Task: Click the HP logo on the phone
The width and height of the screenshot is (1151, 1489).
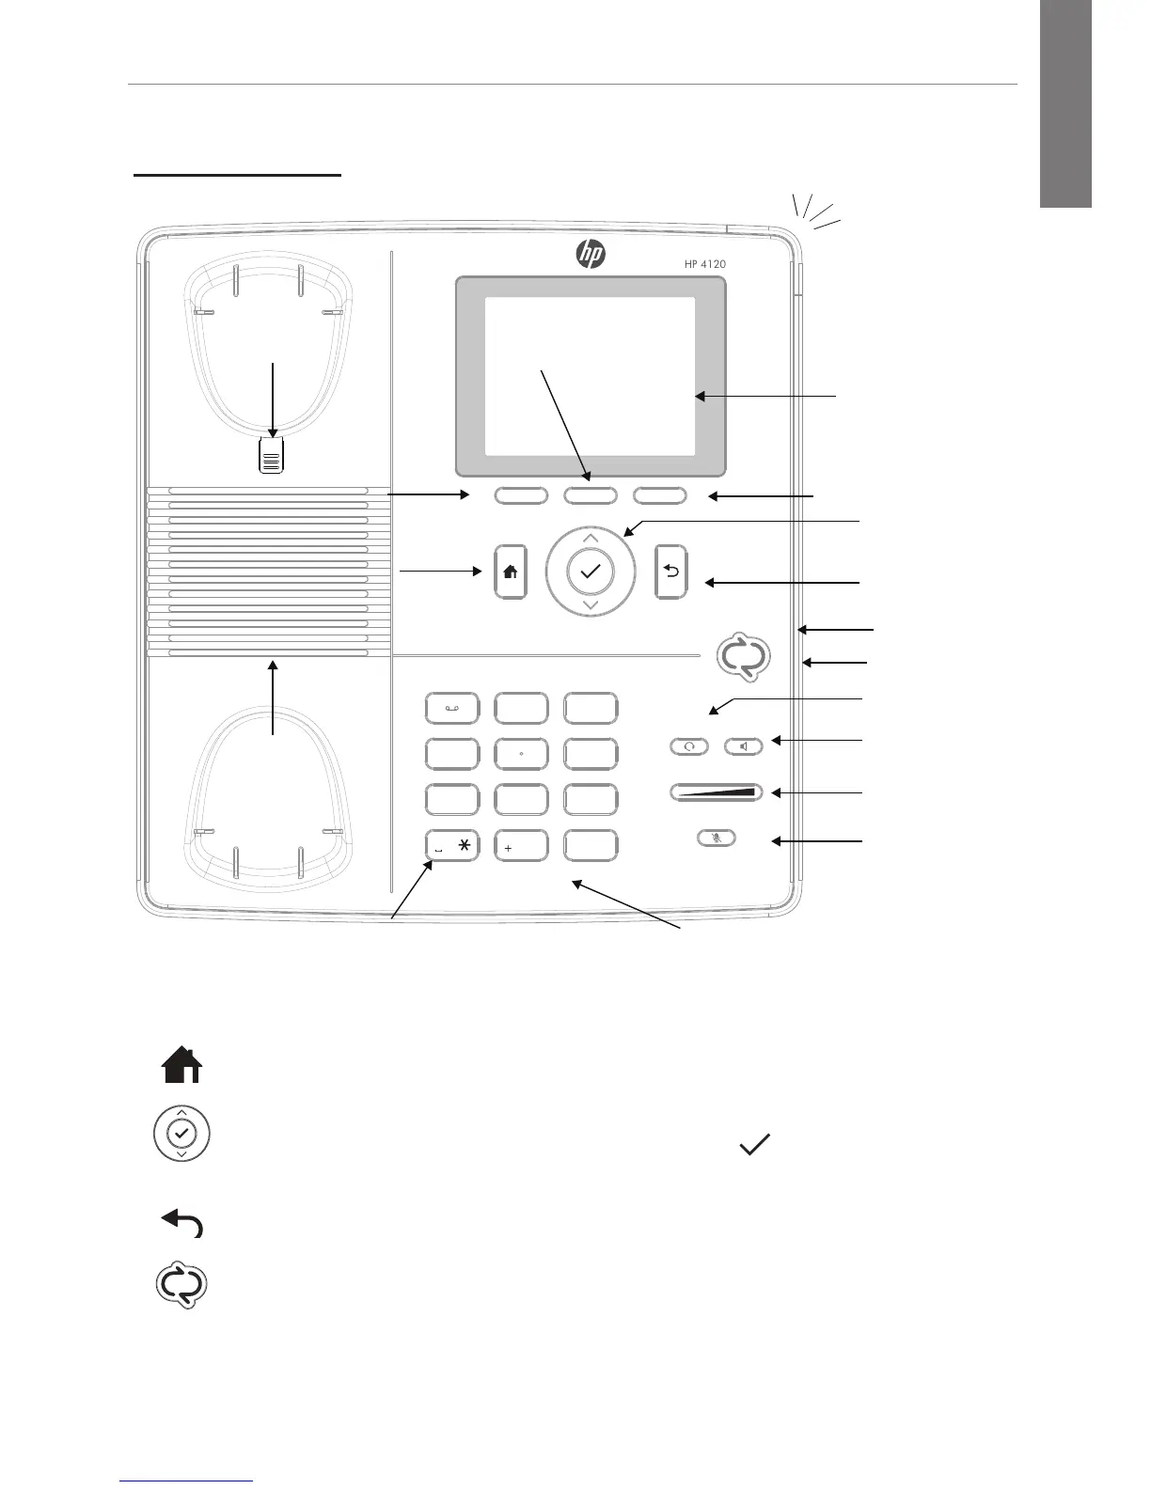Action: pyautogui.click(x=591, y=253)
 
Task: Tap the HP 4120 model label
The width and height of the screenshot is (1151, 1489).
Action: pyautogui.click(x=704, y=264)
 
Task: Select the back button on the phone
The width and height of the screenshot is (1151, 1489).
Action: pyautogui.click(x=670, y=572)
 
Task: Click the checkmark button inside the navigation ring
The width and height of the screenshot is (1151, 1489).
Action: pyautogui.click(x=591, y=572)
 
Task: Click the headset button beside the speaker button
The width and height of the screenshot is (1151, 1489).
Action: pyautogui.click(x=689, y=746)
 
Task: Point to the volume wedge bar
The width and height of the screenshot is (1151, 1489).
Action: pyautogui.click(x=717, y=792)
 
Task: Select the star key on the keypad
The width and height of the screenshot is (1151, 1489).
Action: pyautogui.click(x=452, y=846)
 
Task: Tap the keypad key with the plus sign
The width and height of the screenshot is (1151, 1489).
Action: pyautogui.click(x=521, y=846)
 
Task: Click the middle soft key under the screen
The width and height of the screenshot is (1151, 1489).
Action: pyautogui.click(x=590, y=495)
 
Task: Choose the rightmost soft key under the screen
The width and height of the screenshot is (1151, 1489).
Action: pyautogui.click(x=659, y=495)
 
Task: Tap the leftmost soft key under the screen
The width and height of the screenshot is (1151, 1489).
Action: pyautogui.click(x=521, y=495)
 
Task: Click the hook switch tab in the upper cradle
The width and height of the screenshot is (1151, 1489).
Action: pyautogui.click(x=272, y=458)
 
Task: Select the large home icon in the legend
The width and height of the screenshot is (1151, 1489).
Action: pyautogui.click(x=182, y=1066)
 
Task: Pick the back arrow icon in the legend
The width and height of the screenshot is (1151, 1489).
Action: pyautogui.click(x=182, y=1223)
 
